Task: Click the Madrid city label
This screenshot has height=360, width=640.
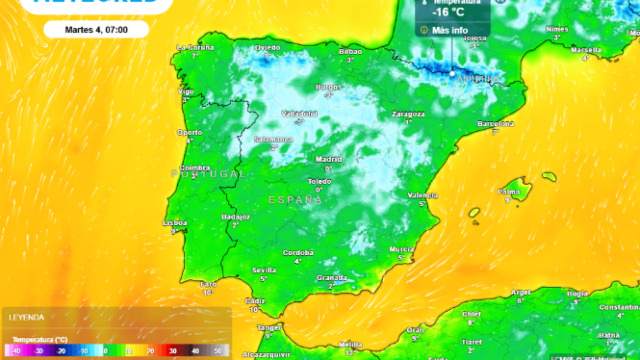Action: pos(329,159)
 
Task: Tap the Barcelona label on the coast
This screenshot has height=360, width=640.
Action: pos(495,122)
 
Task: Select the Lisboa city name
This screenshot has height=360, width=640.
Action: pos(176,222)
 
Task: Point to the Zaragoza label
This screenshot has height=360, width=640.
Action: pos(409,114)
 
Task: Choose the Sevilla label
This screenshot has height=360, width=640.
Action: pos(265,270)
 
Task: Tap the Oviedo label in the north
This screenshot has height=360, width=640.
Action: pos(267,47)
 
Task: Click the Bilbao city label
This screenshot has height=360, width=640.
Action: pos(350,50)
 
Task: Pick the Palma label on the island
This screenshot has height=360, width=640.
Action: pos(509,191)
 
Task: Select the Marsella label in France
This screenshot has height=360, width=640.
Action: pos(586,49)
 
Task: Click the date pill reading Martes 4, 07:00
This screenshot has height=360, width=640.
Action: pos(96,29)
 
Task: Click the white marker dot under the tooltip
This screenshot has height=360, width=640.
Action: pos(452,73)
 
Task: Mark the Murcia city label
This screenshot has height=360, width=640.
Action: pos(401,248)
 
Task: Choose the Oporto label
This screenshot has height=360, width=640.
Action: pos(190,131)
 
